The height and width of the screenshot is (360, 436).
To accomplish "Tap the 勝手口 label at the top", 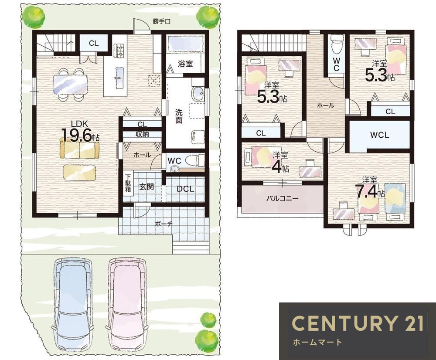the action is [161, 21].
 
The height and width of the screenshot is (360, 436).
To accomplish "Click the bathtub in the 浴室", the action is [185, 44].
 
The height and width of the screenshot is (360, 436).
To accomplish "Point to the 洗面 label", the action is [179, 116].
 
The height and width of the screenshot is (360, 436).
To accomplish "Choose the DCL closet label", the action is [185, 189].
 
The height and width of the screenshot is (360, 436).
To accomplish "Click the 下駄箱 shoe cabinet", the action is [128, 183].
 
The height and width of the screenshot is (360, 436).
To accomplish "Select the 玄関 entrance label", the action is [146, 187].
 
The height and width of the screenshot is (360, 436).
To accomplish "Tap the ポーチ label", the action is [163, 224].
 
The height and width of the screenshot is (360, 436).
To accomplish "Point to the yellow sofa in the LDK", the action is [79, 150].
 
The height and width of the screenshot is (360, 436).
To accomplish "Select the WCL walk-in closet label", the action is [380, 135].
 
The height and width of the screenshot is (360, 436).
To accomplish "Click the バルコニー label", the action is [282, 198].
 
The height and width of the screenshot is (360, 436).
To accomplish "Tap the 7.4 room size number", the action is [367, 191].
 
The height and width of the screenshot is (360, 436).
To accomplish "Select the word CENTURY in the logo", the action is [344, 323].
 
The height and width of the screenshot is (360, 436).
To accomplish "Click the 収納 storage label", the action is [142, 134].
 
